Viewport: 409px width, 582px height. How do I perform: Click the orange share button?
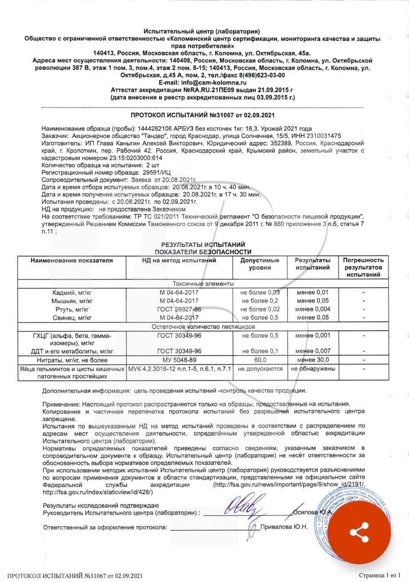pyautogui.click(x=359, y=532)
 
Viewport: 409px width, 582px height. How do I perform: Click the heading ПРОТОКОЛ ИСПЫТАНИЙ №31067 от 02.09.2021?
pyautogui.click(x=203, y=115)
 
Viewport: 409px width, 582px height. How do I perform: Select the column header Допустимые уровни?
pyautogui.click(x=260, y=264)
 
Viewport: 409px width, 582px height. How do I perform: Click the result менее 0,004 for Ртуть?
pyautogui.click(x=312, y=309)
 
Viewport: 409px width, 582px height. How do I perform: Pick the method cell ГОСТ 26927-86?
pyautogui.click(x=179, y=309)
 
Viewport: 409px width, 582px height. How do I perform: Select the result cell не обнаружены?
pyautogui.click(x=313, y=369)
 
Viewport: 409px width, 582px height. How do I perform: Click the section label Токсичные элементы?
pyautogui.click(x=203, y=283)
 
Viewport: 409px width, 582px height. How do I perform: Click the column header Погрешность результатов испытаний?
pyautogui.click(x=363, y=267)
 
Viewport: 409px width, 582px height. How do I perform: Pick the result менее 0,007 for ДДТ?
pyautogui.click(x=313, y=351)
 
